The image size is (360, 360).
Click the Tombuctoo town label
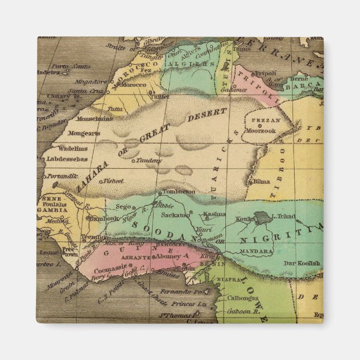pyautogui.click(x=179, y=192)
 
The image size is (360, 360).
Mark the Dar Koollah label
pyautogui.click(x=301, y=263)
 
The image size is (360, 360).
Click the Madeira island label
pyautogui.click(x=48, y=72)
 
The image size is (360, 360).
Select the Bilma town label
pyautogui.click(x=262, y=182)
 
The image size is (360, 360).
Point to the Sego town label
pyautogui.click(x=124, y=206)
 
